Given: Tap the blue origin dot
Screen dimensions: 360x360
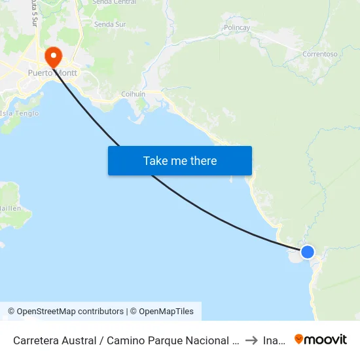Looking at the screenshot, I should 307,252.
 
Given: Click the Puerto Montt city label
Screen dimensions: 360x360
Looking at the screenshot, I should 52,73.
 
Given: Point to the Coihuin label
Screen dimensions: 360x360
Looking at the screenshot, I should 133,94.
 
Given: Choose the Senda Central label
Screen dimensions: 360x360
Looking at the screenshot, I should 115,3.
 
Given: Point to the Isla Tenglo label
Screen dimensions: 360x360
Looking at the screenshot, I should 20,113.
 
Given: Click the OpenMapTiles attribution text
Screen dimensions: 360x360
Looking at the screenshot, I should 164,312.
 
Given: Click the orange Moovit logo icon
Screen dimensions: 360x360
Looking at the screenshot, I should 299,339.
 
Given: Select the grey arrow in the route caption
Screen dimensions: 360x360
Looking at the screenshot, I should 251,340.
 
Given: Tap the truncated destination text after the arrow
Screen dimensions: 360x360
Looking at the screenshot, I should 274,340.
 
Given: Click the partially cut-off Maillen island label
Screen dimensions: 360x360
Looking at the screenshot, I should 10,208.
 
